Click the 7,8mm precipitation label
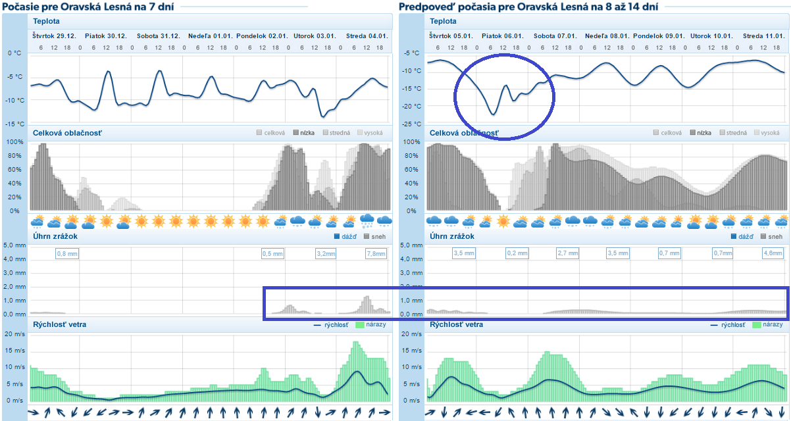coord(376,253)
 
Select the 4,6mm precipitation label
coord(772,253)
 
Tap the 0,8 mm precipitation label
coord(66,253)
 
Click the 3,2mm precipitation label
coord(326,253)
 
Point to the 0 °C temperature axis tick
coord(14,53)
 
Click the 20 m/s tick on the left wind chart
coord(14,334)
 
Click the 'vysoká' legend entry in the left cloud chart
coord(372,133)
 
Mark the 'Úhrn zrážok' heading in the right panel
coord(452,236)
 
